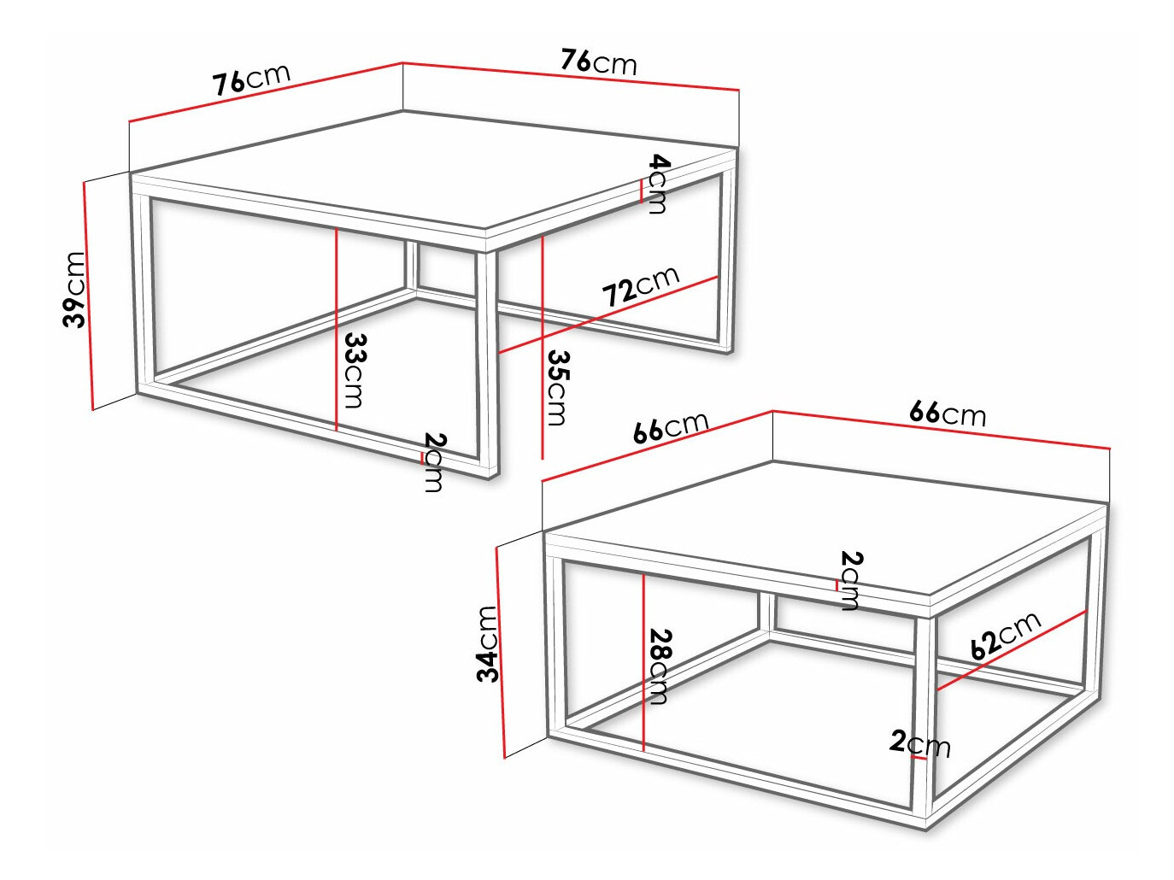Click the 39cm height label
click(75, 289)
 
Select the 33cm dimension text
click(354, 369)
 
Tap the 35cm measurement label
click(557, 386)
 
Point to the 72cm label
click(640, 285)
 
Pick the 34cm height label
click(487, 644)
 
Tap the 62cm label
click(1005, 635)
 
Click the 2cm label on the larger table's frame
click(434, 462)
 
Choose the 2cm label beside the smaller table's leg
click(919, 742)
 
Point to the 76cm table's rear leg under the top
click(412, 266)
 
